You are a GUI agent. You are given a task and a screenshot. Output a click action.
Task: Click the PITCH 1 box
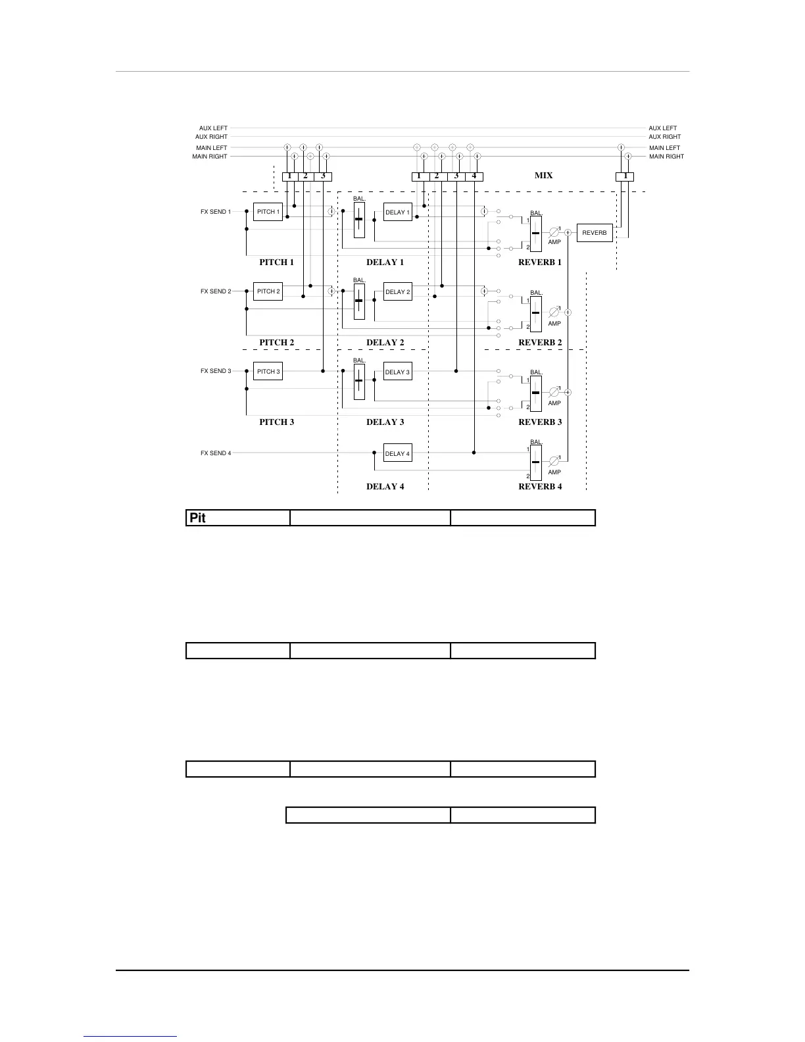pyautogui.click(x=268, y=212)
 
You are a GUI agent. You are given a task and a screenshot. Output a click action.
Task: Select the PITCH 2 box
pyautogui.click(x=268, y=291)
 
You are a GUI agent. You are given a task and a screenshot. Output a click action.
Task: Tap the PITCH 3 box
pyautogui.click(x=268, y=372)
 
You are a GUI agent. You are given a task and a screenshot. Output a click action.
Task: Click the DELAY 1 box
pyautogui.click(x=397, y=212)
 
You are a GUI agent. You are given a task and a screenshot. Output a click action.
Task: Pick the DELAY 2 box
pyautogui.click(x=397, y=292)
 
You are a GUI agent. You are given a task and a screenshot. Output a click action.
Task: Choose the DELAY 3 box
pyautogui.click(x=397, y=372)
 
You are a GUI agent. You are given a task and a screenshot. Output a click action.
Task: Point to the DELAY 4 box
pyautogui.click(x=397, y=454)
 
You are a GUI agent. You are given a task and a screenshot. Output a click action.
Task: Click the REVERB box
pyautogui.click(x=595, y=233)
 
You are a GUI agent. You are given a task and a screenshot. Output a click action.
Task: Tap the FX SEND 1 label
pyautogui.click(x=216, y=212)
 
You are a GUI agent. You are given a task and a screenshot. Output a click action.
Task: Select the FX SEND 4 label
pyautogui.click(x=216, y=453)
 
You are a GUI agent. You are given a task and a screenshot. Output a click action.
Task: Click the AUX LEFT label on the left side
pyautogui.click(x=213, y=128)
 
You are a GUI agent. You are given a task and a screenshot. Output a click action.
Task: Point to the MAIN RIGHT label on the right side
pyautogui.click(x=666, y=157)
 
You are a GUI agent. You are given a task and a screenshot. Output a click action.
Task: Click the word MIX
pyautogui.click(x=543, y=176)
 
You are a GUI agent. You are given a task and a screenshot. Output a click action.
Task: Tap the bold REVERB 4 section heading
pyautogui.click(x=540, y=487)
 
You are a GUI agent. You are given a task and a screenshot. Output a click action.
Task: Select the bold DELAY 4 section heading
pyautogui.click(x=385, y=487)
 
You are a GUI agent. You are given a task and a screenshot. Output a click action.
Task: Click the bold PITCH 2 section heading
pyautogui.click(x=276, y=343)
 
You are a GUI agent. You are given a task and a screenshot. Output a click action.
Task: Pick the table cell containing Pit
pyautogui.click(x=238, y=518)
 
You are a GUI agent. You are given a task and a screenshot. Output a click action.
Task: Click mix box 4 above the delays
pyautogui.click(x=474, y=176)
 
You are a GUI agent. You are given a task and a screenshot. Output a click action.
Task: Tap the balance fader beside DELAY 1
pyautogui.click(x=359, y=220)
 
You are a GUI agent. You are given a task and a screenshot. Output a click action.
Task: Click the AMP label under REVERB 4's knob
pyautogui.click(x=554, y=472)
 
